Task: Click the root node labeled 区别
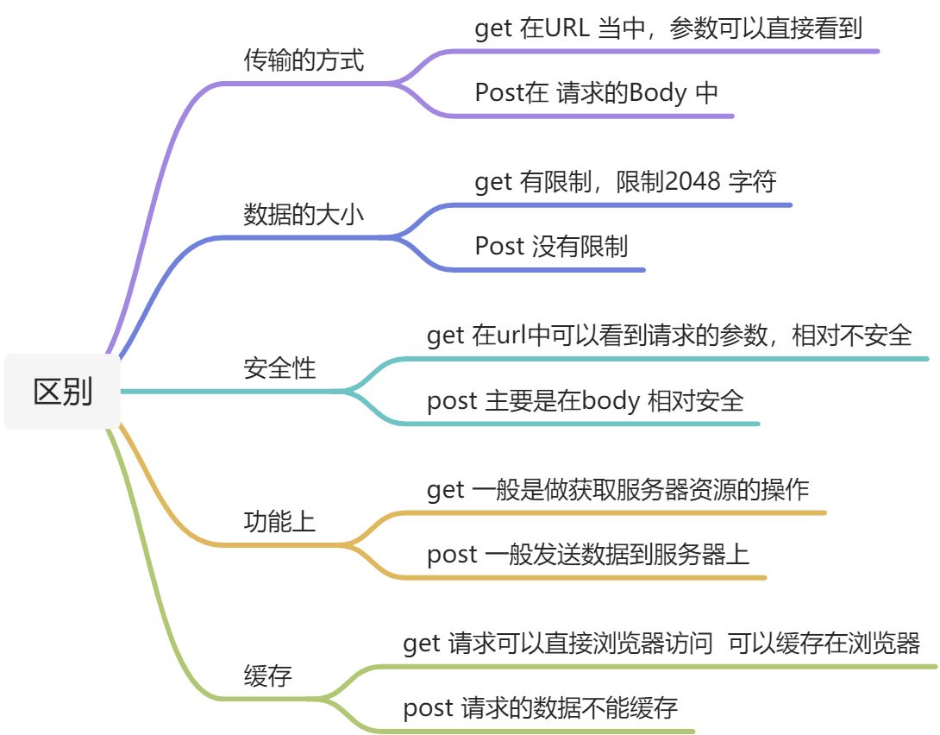pos(63,392)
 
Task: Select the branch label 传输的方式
pos(304,61)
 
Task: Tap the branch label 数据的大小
pos(304,215)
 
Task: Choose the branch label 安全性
pos(280,368)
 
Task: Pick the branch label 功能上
pos(280,522)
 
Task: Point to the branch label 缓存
pos(268,675)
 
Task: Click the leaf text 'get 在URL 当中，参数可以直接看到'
pos(668,28)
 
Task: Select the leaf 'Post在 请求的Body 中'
pos(596,92)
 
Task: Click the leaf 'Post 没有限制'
pos(551,246)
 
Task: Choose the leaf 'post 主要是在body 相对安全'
pos(585,400)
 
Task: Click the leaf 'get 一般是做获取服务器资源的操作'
pos(617,490)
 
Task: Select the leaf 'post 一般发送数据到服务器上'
pos(588,554)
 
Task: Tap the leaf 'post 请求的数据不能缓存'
pos(541,708)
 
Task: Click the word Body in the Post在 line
pos(658,92)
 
